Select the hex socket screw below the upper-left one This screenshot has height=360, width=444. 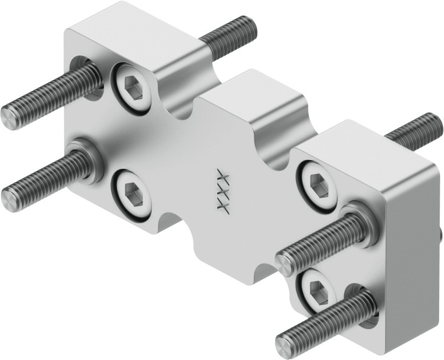tap(132, 193)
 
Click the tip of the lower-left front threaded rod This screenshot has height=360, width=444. tap(9, 200)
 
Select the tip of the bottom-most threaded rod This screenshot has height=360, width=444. tap(284, 343)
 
